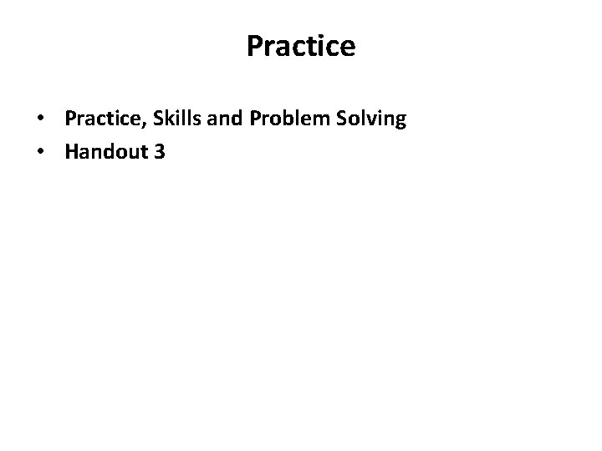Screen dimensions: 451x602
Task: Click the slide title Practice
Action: point(301,47)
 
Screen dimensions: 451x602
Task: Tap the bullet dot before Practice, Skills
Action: point(40,120)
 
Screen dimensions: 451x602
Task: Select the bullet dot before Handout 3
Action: point(40,152)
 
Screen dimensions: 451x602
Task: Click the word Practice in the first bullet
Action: point(105,119)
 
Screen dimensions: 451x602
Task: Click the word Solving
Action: point(373,119)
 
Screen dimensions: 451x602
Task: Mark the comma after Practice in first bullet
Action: point(147,125)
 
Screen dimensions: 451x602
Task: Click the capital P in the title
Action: point(255,47)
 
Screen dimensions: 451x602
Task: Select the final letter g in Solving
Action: point(400,122)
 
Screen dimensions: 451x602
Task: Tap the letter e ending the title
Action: point(347,48)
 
